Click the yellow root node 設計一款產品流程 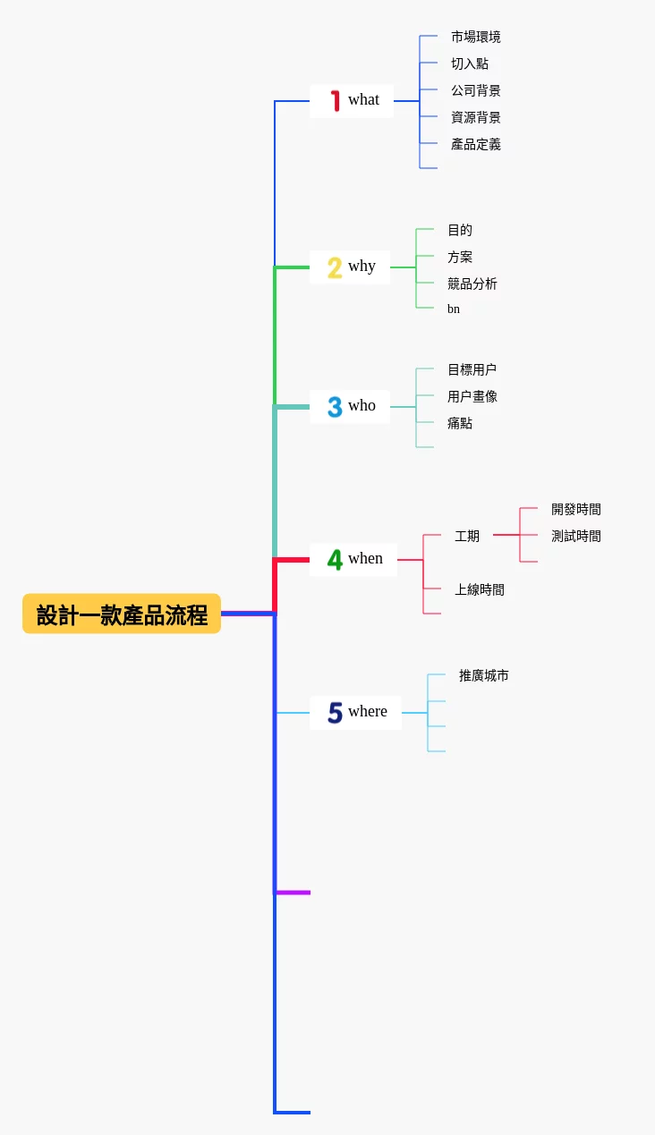[122, 614]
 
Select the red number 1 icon [336, 100]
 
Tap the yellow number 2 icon [335, 267]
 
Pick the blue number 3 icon [335, 407]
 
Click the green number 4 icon [335, 560]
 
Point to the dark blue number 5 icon [335, 713]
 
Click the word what [363, 100]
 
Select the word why [362, 267]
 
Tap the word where [368, 712]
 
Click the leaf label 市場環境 [475, 38]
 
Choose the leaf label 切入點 [470, 64]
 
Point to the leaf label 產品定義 [475, 145]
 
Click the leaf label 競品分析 [472, 284]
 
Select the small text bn [454, 309]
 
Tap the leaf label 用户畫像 [472, 397]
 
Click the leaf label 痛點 [460, 424]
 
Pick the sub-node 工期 [467, 537]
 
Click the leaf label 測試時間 [575, 537]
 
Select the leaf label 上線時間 [480, 590]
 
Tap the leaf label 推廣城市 [483, 676]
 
